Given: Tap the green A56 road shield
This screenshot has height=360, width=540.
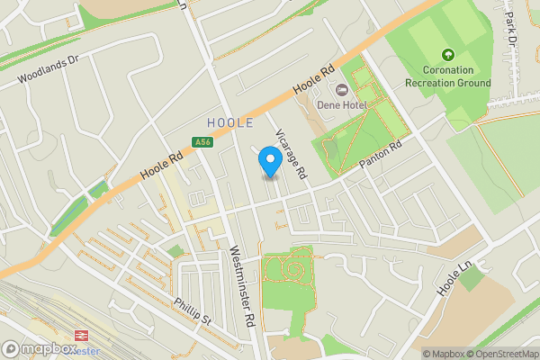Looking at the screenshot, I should (203, 141).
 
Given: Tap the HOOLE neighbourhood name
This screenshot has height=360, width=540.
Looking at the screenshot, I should (229, 122).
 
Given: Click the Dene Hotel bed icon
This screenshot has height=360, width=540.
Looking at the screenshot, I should (341, 89).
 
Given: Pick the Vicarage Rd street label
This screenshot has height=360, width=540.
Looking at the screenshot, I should (291, 149).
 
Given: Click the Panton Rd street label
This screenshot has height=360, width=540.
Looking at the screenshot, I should (383, 154).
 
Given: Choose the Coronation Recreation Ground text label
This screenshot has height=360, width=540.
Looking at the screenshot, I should (448, 76).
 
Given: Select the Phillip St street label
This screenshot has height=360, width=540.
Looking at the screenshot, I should (193, 310).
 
